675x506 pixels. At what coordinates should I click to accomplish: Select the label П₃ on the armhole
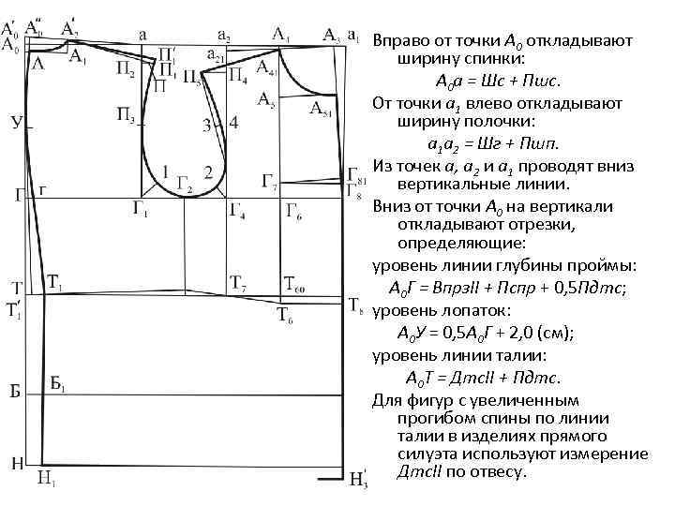(126, 116)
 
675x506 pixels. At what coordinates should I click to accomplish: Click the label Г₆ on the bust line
(293, 208)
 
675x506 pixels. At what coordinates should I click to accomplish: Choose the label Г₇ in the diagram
(269, 180)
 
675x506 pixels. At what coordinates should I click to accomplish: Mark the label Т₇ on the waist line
(238, 282)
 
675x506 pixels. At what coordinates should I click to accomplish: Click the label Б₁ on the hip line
(57, 383)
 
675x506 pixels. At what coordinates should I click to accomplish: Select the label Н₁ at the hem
(46, 478)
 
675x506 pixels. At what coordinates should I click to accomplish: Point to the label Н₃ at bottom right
(359, 482)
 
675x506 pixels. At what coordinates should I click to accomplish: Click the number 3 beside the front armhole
(205, 126)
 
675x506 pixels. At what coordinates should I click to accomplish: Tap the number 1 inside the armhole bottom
(166, 171)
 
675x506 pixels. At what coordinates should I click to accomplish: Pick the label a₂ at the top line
(225, 36)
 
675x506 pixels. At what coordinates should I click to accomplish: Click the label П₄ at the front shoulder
(238, 72)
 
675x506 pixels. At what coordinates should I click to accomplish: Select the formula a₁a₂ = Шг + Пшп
(493, 143)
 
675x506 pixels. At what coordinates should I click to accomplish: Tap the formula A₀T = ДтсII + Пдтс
(483, 378)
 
